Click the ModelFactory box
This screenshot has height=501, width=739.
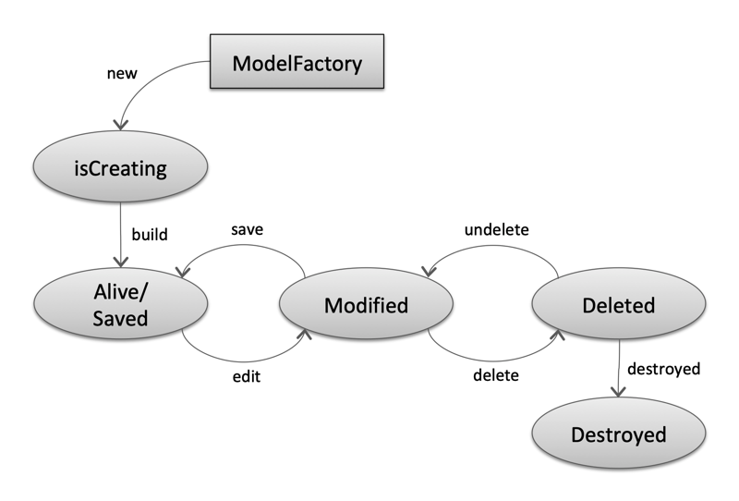click(x=297, y=64)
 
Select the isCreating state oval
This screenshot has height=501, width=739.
click(x=119, y=167)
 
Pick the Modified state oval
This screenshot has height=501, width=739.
click(x=366, y=304)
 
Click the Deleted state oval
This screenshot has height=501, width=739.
click(x=619, y=304)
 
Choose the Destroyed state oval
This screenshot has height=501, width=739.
click(x=619, y=434)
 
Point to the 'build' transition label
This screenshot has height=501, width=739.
click(x=149, y=235)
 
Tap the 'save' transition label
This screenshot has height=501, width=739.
click(x=248, y=229)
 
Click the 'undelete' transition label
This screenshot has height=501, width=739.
click(x=495, y=229)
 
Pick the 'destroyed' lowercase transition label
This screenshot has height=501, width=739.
click(x=663, y=369)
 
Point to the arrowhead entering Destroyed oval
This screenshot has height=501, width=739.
click(x=618, y=392)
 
